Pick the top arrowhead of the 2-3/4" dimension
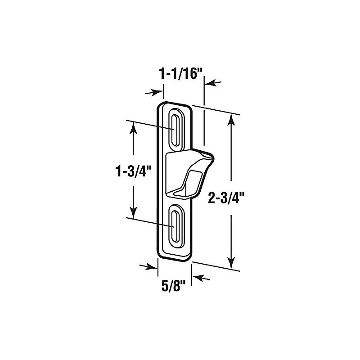click(x=232, y=118)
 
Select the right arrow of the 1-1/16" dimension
click(x=212, y=82)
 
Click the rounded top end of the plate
click(x=176, y=105)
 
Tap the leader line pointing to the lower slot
click(x=148, y=220)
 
